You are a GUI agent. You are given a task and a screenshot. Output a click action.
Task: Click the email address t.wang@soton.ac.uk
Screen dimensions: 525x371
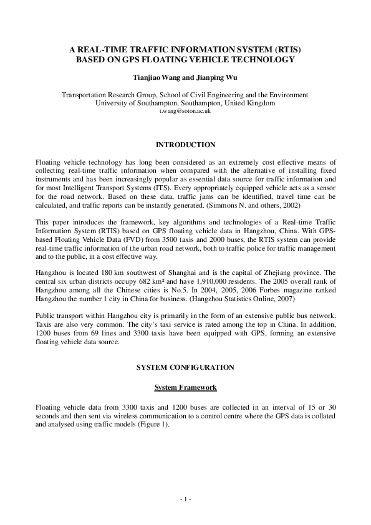185,111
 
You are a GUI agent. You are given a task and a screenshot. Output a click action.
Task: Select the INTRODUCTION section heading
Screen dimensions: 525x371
185,145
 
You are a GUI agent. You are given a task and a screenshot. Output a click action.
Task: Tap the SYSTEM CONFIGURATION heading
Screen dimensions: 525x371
185,367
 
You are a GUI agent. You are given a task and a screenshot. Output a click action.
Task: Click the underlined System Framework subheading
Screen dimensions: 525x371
185,387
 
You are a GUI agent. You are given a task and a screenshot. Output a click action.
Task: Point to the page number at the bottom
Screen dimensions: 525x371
185,499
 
